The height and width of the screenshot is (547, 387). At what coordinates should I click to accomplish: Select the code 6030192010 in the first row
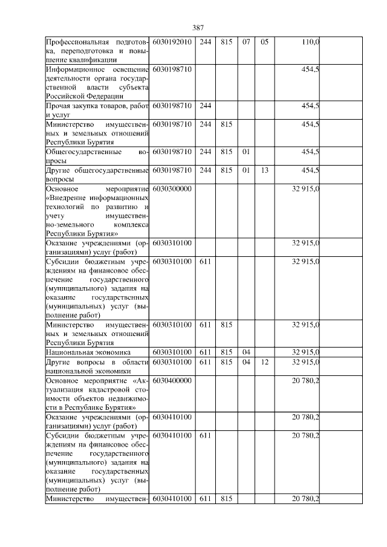(172, 42)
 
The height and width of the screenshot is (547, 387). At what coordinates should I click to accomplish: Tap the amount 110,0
(310, 42)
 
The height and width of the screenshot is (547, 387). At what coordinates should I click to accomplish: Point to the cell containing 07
(246, 42)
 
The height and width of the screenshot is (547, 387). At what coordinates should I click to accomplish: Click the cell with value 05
(264, 42)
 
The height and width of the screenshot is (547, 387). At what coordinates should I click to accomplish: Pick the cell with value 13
(264, 170)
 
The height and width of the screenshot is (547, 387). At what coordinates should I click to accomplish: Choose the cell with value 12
(264, 361)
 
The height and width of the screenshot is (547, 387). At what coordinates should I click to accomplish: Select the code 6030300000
(172, 189)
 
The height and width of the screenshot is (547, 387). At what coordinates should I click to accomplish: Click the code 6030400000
(172, 380)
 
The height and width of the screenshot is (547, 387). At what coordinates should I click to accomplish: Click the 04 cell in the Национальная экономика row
(246, 352)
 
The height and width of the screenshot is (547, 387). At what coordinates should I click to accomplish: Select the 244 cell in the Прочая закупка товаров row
(206, 106)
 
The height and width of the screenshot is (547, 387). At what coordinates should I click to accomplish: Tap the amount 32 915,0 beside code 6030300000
(306, 189)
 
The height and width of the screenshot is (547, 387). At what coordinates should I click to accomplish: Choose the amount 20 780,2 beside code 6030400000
(306, 380)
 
